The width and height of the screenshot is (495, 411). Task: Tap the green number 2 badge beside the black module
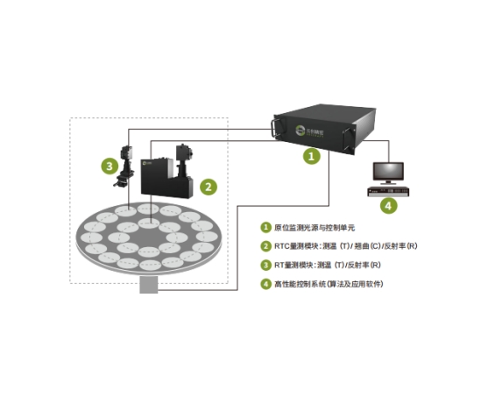(209, 186)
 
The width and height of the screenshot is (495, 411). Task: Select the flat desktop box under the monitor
(388, 190)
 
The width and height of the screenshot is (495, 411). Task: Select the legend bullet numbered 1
(265, 227)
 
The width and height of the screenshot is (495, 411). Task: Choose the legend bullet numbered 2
(265, 246)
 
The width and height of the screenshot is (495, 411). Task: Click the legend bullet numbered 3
(265, 265)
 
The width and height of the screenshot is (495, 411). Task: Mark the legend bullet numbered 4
(265, 284)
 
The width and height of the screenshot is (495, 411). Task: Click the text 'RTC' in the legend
(283, 246)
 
